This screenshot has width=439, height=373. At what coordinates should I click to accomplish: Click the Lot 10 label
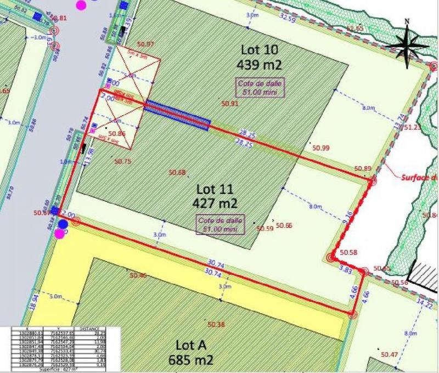click(260, 49)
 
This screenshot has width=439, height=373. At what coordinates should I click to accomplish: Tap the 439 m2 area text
click(259, 64)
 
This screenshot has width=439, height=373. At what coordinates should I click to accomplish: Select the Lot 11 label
click(215, 189)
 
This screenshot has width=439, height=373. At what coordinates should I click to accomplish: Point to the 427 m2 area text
click(215, 203)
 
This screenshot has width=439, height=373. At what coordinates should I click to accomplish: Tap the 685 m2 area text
click(190, 360)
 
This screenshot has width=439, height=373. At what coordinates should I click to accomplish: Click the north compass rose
click(407, 45)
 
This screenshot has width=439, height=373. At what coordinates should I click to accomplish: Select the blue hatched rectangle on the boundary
click(177, 115)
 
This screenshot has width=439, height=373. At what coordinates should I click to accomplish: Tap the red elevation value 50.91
click(230, 103)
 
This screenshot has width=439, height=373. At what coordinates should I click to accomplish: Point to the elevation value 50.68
click(178, 172)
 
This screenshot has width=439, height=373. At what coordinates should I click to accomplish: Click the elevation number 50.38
click(217, 325)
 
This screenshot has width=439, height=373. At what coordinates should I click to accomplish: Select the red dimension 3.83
click(346, 269)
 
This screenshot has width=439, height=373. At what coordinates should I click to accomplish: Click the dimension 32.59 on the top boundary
click(288, 18)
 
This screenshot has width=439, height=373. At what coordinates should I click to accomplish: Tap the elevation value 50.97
click(146, 44)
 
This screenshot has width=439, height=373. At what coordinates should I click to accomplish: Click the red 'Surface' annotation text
click(419, 177)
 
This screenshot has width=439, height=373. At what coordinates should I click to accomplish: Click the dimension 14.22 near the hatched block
click(425, 303)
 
